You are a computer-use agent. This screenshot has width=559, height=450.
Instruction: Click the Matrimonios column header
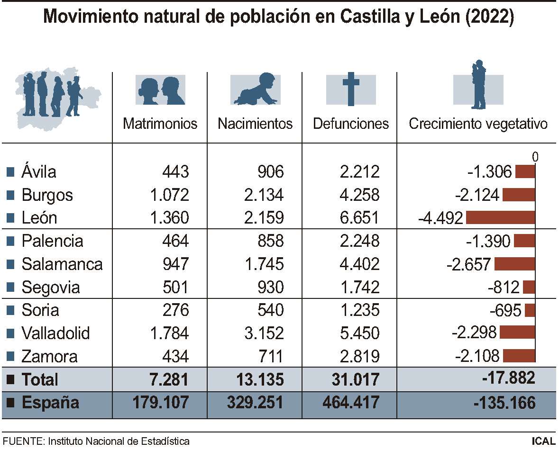coord(160,124)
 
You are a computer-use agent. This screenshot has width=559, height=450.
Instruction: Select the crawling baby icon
coord(255,90)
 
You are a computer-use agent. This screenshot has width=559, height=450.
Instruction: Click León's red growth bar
coord(500,218)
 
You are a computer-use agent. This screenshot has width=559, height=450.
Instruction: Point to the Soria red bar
coord(530,310)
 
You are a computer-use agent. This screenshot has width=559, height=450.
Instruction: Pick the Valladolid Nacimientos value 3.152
coord(264,333)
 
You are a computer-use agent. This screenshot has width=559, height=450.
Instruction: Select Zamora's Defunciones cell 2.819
coord(359,356)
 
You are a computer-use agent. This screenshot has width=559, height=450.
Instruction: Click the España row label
coord(50,403)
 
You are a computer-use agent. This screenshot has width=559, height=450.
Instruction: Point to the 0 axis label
coord(535,157)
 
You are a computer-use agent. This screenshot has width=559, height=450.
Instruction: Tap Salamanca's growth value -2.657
coord(468,264)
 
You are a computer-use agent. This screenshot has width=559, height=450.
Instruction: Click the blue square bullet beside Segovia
coord(11,288)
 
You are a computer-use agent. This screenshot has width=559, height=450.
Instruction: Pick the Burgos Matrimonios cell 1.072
coord(169,195)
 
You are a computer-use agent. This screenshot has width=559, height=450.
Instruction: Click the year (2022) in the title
coord(490,18)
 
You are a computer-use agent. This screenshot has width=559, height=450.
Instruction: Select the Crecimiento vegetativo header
coord(478,124)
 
